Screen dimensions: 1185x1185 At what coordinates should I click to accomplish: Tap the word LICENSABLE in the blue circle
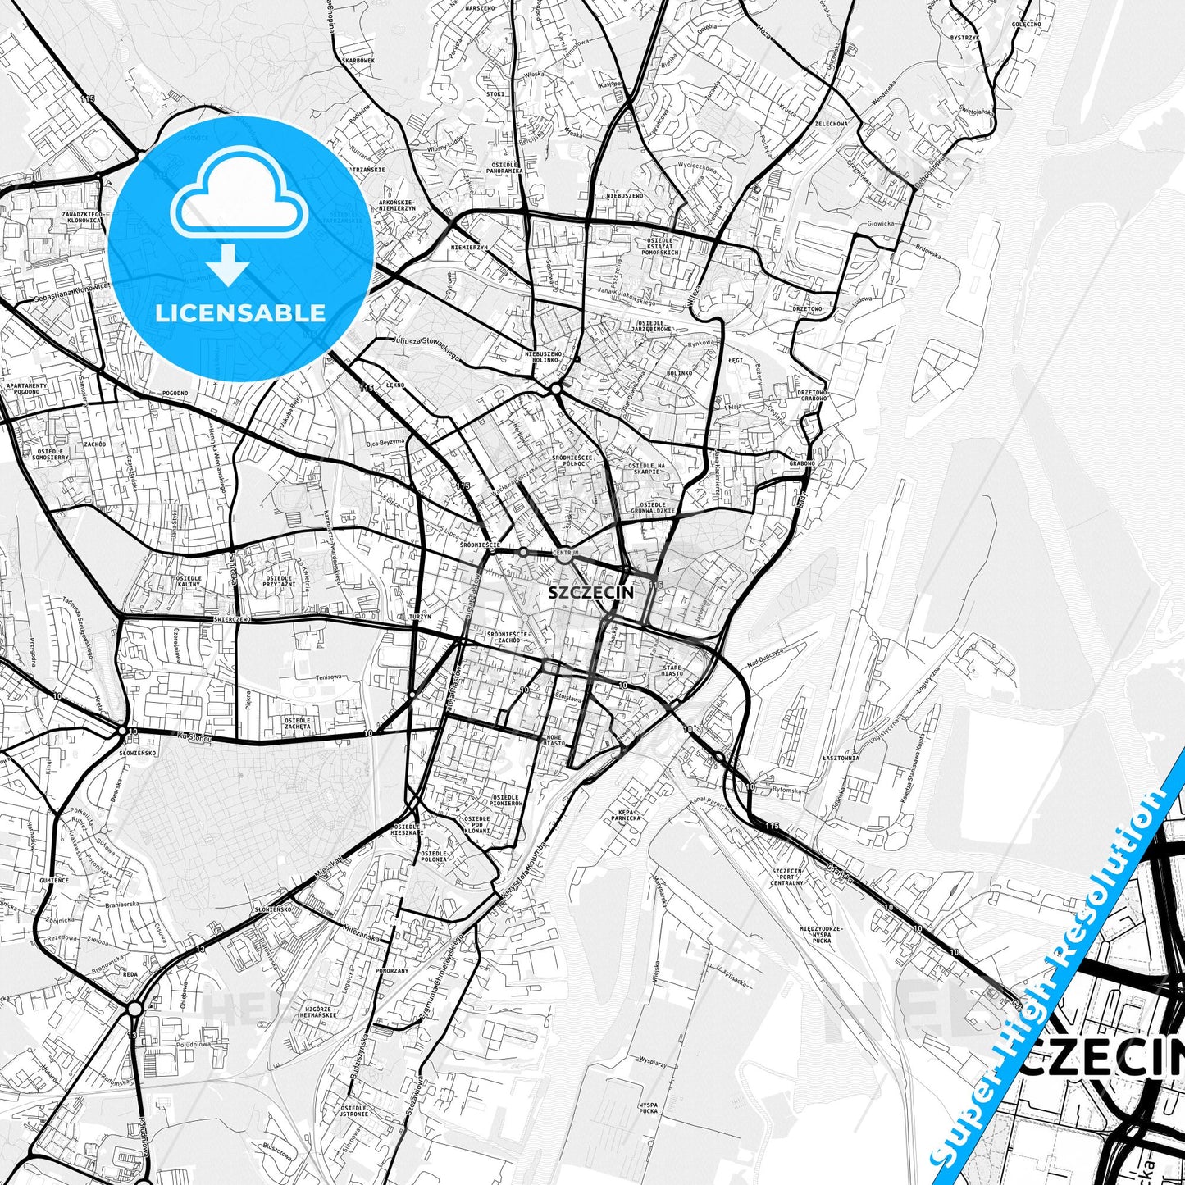click(x=240, y=312)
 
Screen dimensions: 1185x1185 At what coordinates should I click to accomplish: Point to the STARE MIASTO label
click(x=672, y=671)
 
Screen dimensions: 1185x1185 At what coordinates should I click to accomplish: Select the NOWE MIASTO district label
click(x=554, y=741)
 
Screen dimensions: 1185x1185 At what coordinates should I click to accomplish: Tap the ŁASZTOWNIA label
click(x=841, y=758)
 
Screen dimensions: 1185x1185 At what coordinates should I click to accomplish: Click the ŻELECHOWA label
click(x=830, y=123)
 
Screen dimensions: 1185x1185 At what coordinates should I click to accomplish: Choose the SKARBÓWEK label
click(x=359, y=61)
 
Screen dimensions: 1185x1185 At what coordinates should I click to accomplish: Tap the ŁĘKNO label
click(x=397, y=384)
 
